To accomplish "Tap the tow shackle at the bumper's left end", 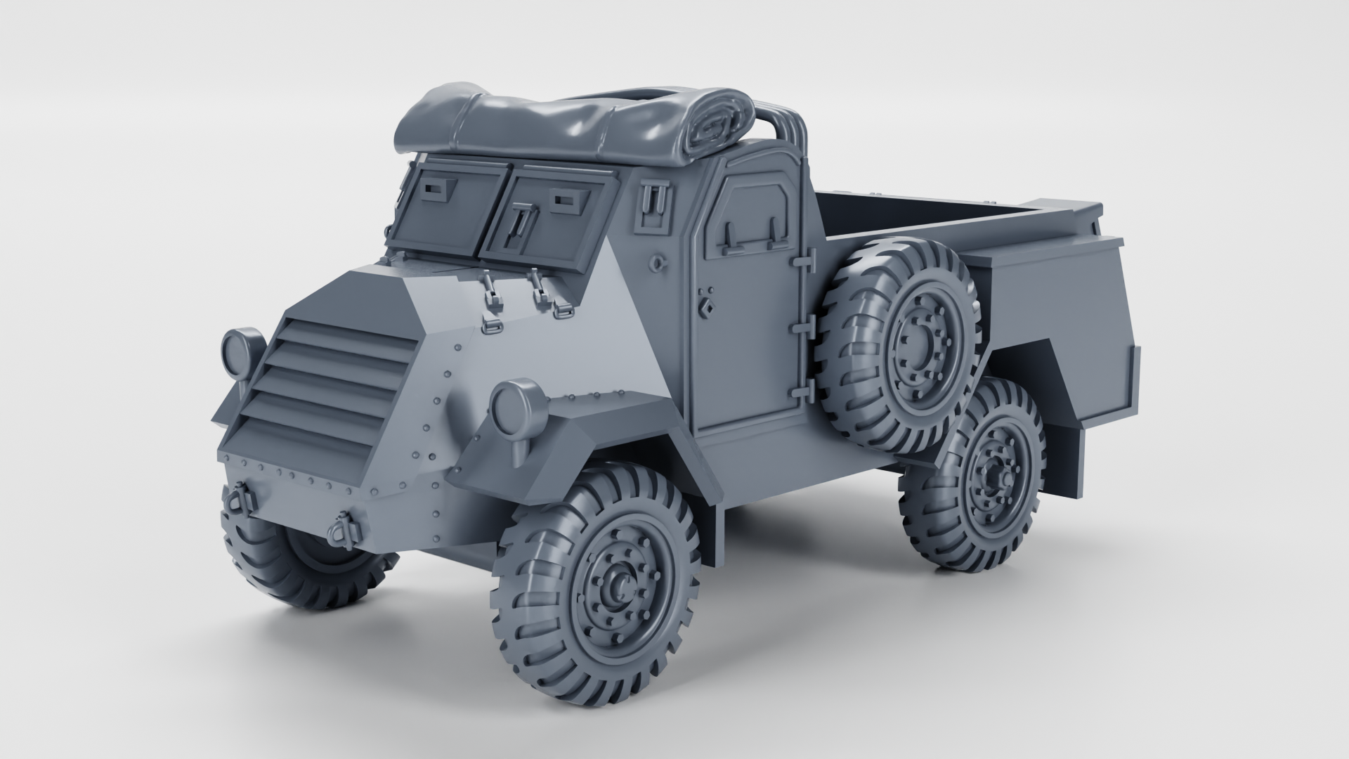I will (235, 500).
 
